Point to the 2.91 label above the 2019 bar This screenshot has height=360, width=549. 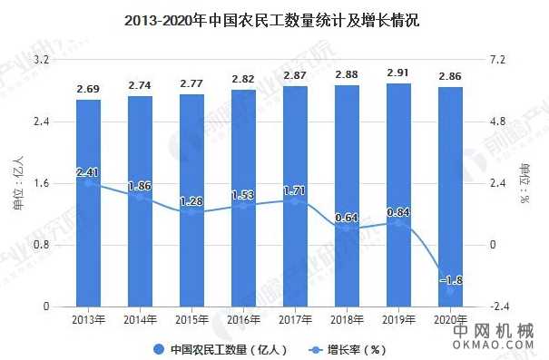398,73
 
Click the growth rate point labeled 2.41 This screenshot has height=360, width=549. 88,182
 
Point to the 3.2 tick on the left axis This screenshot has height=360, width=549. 40,60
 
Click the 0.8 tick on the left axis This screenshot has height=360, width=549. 40,245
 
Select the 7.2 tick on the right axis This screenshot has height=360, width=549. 499,60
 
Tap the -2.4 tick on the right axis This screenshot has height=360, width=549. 499,306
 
